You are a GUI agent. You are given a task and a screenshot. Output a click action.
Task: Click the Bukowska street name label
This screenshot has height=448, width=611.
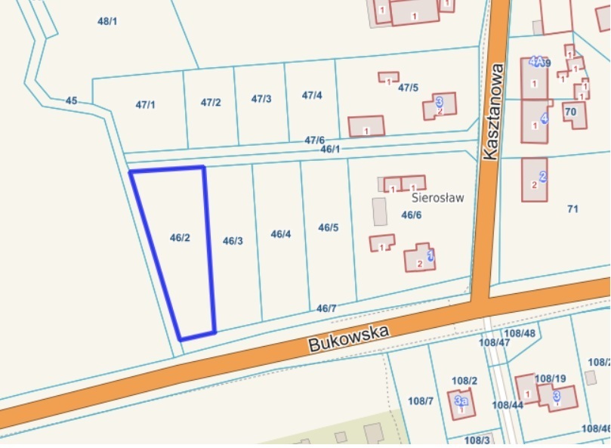[348, 338]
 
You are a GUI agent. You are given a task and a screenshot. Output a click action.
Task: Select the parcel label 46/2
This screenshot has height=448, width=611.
[180, 238]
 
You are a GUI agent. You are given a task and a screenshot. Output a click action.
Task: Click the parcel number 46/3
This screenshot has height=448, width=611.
[233, 241]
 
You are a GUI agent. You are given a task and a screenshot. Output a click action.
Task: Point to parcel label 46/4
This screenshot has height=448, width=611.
[280, 234]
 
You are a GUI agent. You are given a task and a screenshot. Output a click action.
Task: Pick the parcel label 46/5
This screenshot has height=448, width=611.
[329, 227]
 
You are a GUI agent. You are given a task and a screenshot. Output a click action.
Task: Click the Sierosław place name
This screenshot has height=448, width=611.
[437, 198]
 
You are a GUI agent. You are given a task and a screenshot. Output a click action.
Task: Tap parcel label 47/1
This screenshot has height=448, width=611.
[145, 105]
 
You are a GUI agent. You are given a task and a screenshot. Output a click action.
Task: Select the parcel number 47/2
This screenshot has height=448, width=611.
[211, 103]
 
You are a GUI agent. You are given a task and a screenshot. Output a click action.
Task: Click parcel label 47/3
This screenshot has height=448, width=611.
[261, 99]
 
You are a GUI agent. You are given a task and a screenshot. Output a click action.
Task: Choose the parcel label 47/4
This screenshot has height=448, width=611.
[312, 96]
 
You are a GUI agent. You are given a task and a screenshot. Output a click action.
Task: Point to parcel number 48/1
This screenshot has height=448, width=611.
[107, 21]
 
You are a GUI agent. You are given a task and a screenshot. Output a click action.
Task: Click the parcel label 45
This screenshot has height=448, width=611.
[72, 100]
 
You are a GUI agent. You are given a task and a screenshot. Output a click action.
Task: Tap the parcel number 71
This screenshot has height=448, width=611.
[572, 209]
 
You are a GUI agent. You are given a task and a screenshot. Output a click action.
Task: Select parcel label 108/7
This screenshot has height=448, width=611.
[420, 400]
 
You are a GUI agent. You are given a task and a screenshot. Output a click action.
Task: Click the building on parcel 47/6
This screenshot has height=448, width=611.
[366, 126]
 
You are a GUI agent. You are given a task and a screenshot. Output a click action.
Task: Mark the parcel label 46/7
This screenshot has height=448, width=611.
[326, 308]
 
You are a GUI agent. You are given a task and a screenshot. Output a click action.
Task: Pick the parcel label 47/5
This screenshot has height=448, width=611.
[408, 88]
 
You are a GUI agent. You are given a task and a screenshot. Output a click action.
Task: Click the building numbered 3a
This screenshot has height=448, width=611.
[461, 403]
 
